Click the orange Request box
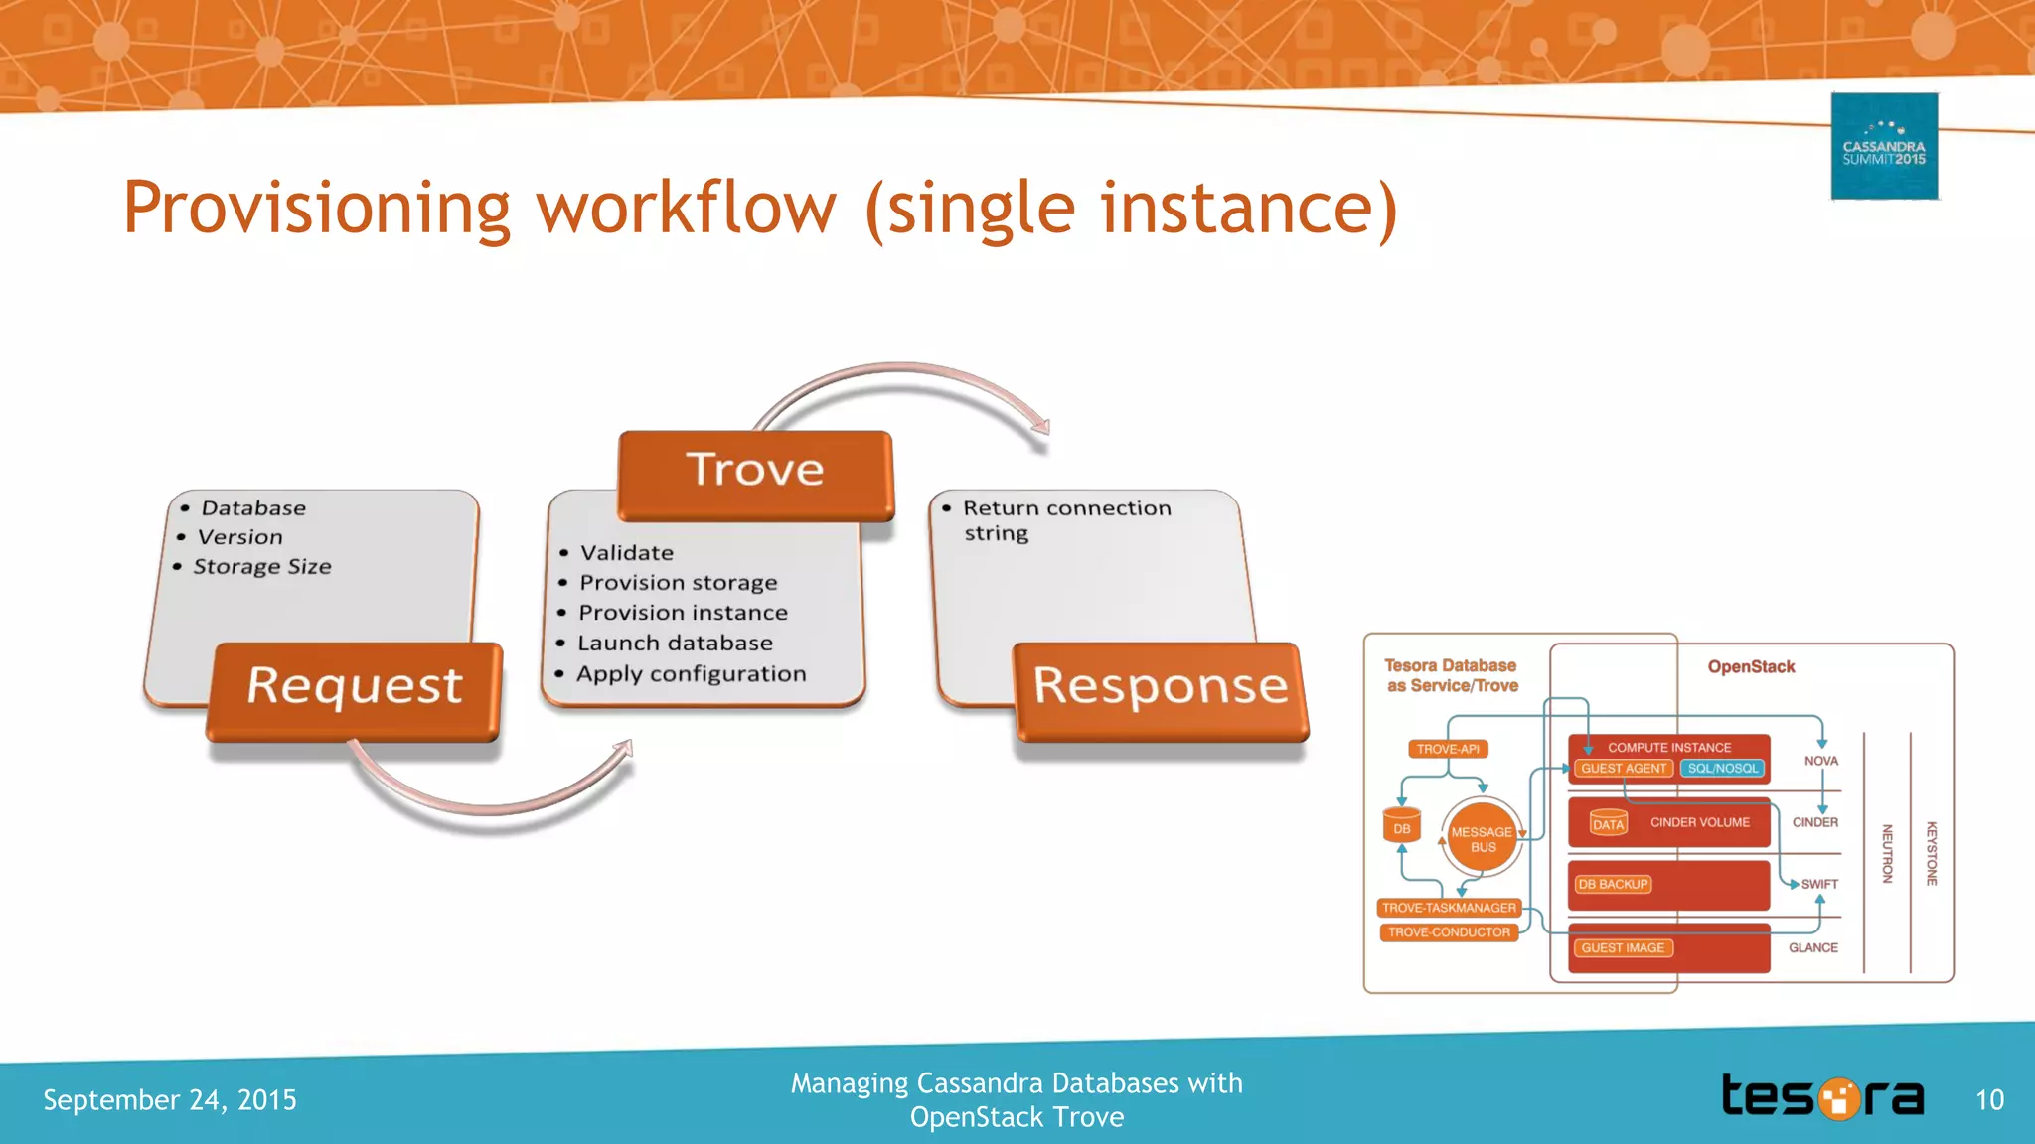[354, 689]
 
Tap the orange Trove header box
[755, 473]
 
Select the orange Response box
[1161, 689]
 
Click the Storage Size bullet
[261, 567]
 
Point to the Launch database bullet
[675, 643]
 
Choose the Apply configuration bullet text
[691, 674]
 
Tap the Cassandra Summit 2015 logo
[1884, 147]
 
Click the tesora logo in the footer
[1822, 1097]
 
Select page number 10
[1989, 1100]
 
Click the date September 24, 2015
[170, 1100]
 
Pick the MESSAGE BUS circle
[1482, 839]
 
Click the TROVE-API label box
[1448, 749]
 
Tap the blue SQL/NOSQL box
[1722, 769]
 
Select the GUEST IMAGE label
[1623, 948]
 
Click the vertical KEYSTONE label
[1932, 853]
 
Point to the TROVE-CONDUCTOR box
[1449, 932]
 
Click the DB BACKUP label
[1613, 884]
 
